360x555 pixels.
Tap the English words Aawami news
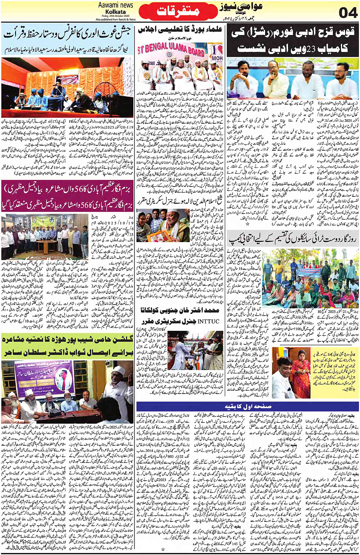(115, 5)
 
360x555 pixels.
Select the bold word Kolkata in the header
(115, 11)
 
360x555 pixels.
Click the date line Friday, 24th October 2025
(115, 16)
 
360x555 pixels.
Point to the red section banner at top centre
(178, 11)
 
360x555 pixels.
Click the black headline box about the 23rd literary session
(293, 40)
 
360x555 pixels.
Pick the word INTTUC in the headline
(209, 322)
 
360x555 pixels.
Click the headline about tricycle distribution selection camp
(293, 239)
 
